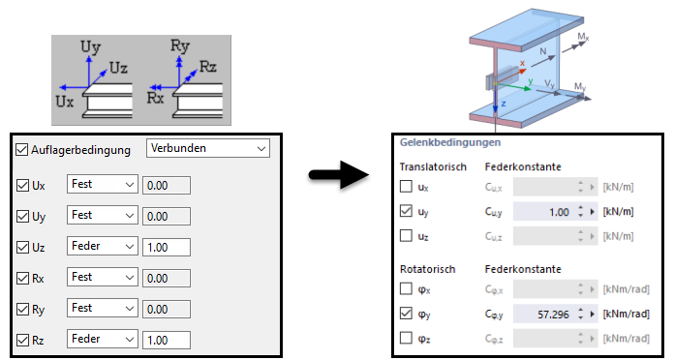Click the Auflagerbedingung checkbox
[x=22, y=150]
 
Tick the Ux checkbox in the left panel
[x=23, y=184]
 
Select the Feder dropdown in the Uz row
[x=103, y=247]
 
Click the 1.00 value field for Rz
[x=166, y=341]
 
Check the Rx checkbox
[x=23, y=279]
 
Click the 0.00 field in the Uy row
[x=166, y=216]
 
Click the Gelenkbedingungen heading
[x=444, y=142]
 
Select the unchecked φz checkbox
[x=407, y=337]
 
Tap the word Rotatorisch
[x=427, y=268]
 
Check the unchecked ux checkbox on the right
[x=407, y=187]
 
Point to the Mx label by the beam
[x=582, y=37]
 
